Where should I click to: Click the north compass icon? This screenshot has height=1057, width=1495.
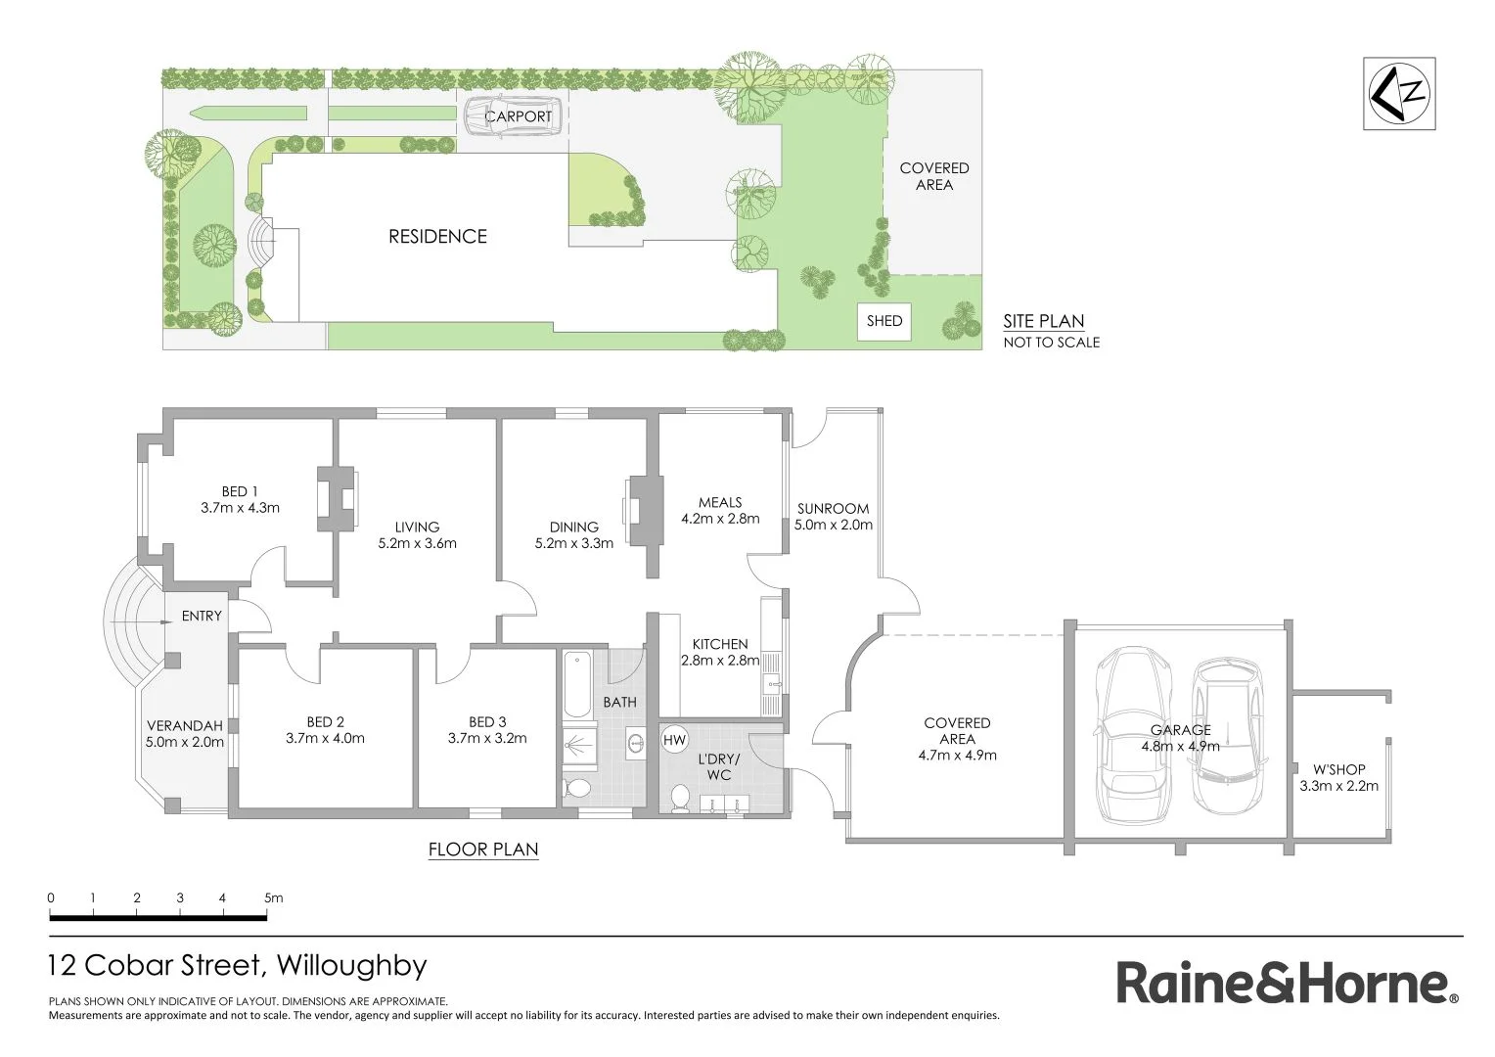coord(1399,93)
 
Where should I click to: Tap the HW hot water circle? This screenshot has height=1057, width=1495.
coord(675,740)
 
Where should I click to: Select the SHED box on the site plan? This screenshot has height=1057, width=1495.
coord(884,321)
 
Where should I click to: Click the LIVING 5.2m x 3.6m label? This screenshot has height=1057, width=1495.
coord(418,534)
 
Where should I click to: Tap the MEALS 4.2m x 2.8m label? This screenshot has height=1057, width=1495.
coord(720,510)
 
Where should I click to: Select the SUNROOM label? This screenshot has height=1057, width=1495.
coord(833,508)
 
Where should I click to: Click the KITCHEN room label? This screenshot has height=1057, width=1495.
coord(720,644)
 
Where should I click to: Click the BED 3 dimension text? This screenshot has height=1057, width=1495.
coord(487,739)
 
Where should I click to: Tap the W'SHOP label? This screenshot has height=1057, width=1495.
coord(1338,769)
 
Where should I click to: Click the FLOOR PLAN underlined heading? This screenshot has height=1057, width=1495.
coord(483,850)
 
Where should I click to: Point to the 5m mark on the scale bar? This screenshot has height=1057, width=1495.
coord(267,898)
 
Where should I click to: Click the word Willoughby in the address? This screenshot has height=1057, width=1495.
coord(352,966)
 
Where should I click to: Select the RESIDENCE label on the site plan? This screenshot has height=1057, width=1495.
coord(437,236)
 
